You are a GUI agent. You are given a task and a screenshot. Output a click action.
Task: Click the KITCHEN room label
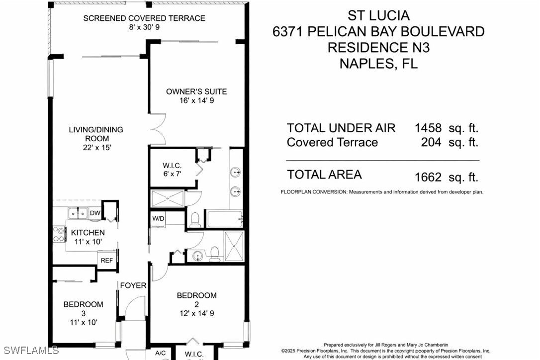pyautogui.click(x=88, y=233)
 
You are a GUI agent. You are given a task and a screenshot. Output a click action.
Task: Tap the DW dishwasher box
pyautogui.click(x=94, y=213)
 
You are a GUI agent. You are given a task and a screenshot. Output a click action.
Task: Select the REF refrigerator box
pyautogui.click(x=107, y=261)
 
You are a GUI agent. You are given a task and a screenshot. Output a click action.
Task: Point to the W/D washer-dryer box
pyautogui.click(x=158, y=219)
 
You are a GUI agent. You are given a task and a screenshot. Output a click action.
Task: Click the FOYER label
pyautogui.click(x=133, y=285)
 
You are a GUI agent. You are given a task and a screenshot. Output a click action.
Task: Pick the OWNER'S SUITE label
pyautogui.click(x=196, y=91)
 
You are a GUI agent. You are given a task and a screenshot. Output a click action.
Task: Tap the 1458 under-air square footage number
pyautogui.click(x=428, y=128)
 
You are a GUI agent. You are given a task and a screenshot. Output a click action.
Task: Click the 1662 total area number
pyautogui.click(x=428, y=177)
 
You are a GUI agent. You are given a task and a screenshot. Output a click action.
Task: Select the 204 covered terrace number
pyautogui.click(x=431, y=142)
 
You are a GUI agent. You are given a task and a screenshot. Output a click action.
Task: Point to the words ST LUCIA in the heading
pyautogui.click(x=378, y=15)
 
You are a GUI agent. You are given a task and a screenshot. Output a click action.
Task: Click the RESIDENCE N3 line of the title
pyautogui.click(x=378, y=48)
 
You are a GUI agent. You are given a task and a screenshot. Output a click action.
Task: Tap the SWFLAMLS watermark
pyautogui.click(x=31, y=351)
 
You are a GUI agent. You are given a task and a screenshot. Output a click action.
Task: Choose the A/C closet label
pyautogui.click(x=160, y=353)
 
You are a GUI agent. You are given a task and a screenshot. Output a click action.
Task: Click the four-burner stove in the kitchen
pyautogui.click(x=59, y=234)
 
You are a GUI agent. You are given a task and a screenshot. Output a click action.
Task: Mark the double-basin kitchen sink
pyautogui.click(x=78, y=213)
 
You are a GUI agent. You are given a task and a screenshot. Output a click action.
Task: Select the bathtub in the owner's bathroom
pyautogui.click(x=225, y=219)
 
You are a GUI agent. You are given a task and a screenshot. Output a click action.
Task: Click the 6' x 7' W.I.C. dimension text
pyautogui.click(x=172, y=174)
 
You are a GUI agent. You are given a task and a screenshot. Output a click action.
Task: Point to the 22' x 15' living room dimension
pyautogui.click(x=97, y=148)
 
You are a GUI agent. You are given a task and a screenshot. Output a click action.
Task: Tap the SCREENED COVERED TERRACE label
pyautogui.click(x=144, y=18)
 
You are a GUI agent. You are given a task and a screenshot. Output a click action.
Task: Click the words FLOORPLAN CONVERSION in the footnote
pyautogui.click(x=314, y=192)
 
